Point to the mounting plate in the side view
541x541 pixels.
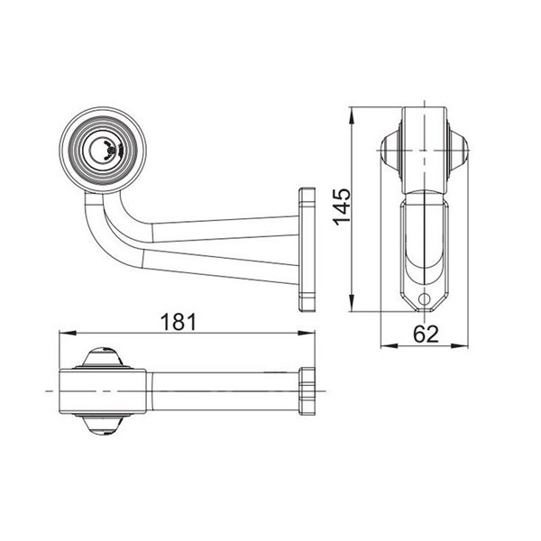pos(307,248)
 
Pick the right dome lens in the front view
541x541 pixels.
pos(460,150)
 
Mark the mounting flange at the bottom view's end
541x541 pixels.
pos(307,390)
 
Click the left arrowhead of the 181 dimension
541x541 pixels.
pos(62,334)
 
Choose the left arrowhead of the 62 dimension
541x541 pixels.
pos(384,345)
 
